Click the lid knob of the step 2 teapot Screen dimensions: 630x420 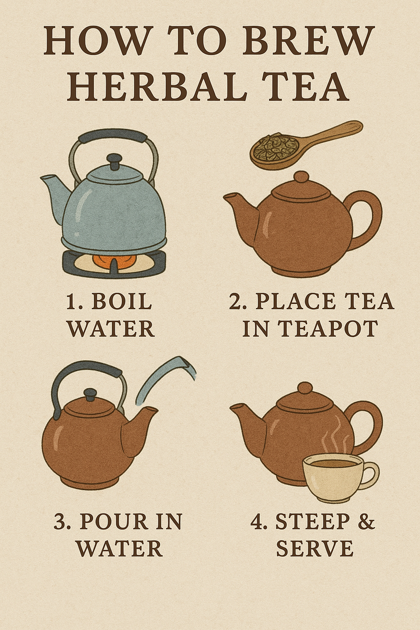(x=301, y=177)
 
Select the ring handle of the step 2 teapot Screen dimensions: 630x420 (x=368, y=215)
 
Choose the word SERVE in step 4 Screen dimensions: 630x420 (x=314, y=549)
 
